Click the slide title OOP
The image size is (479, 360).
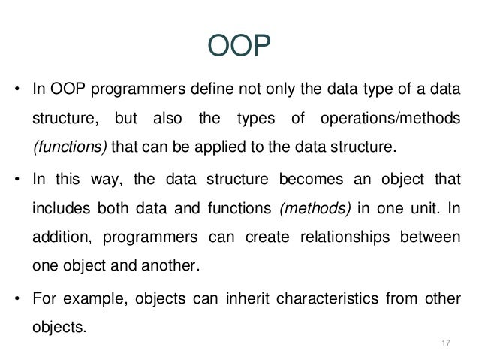(238, 46)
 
